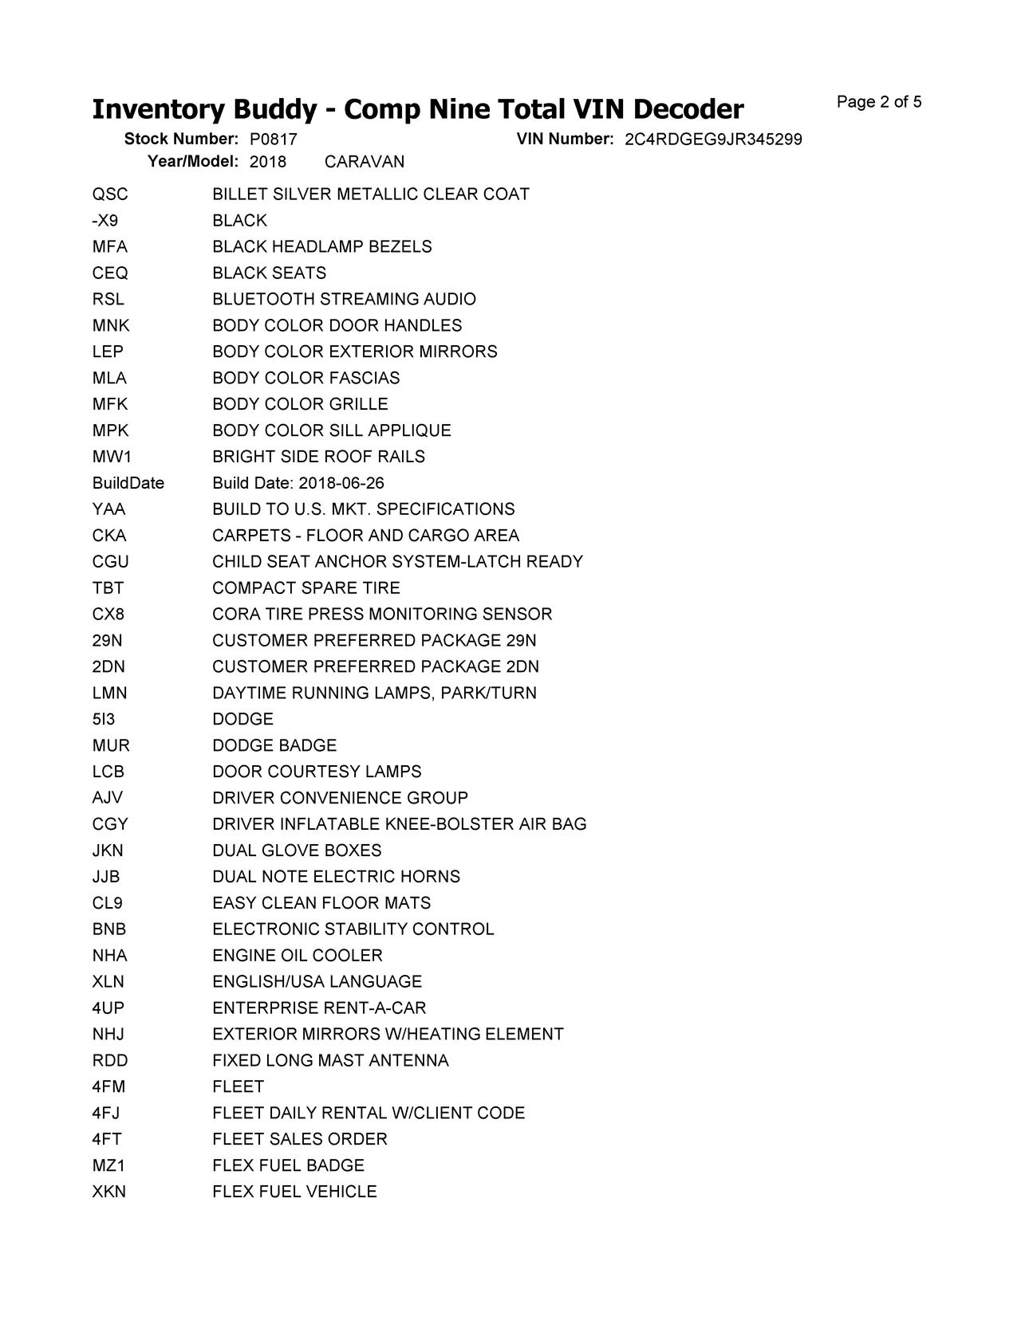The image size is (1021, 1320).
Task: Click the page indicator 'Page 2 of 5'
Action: tap(879, 102)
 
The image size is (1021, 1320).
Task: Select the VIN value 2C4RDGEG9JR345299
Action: tap(713, 139)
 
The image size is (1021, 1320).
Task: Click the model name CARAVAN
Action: tap(365, 162)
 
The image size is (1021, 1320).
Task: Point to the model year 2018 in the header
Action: tap(267, 162)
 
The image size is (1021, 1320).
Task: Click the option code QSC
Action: tap(109, 194)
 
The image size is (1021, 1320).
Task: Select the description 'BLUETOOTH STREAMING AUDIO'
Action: tap(344, 299)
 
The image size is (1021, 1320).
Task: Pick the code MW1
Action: tap(112, 457)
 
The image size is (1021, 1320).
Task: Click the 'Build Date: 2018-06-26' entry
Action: tap(298, 483)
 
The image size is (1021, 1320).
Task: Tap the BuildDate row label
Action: tap(128, 483)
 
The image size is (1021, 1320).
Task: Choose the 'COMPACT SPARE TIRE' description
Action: tap(306, 588)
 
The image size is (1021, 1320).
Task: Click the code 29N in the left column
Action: tap(107, 641)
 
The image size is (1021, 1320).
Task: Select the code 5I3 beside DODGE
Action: tap(103, 719)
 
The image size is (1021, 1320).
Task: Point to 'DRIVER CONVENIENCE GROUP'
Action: tap(340, 798)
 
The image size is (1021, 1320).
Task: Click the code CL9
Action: tap(107, 903)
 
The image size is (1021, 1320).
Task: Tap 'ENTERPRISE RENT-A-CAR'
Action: tap(319, 1008)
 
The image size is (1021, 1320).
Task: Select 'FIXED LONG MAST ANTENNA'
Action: tap(330, 1061)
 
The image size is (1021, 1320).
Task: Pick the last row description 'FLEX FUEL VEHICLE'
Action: tap(294, 1192)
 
